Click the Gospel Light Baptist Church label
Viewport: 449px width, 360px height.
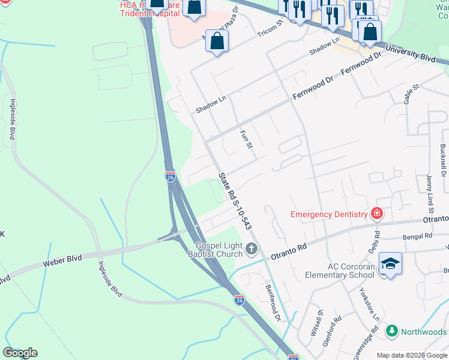tap(220, 250)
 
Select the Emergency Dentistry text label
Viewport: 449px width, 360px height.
tap(328, 214)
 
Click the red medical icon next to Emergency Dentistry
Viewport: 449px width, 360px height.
tap(377, 214)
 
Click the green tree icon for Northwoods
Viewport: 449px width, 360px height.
tap(391, 331)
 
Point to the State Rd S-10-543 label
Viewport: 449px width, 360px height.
tap(235, 200)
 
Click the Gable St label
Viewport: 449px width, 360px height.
tap(411, 95)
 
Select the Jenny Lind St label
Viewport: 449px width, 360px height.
tap(430, 194)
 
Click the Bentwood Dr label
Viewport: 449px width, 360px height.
tap(273, 302)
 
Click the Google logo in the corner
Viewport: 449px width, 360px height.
tap(20, 353)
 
